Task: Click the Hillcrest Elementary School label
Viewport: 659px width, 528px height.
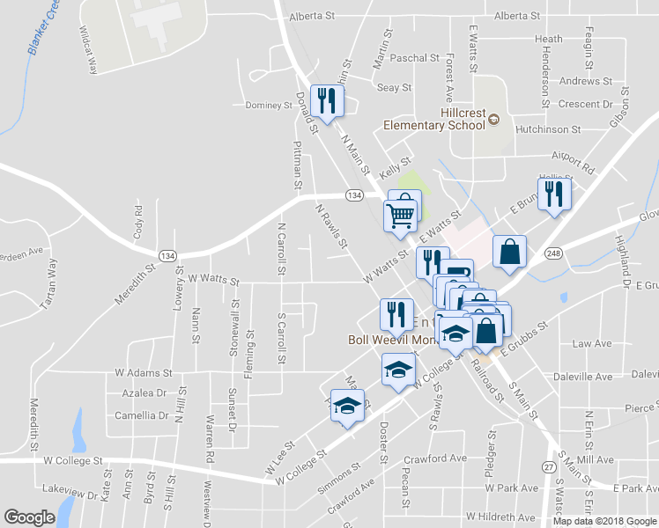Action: coord(433,119)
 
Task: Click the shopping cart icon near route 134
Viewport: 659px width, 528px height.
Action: coord(401,212)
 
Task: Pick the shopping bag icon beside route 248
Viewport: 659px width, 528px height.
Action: coord(509,252)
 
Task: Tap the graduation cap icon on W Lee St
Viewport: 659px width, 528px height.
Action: coord(347,405)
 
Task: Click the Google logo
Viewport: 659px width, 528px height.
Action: coord(29,517)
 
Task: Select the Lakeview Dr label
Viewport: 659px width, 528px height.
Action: coord(70,495)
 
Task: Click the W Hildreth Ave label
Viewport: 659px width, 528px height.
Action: coord(500,517)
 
